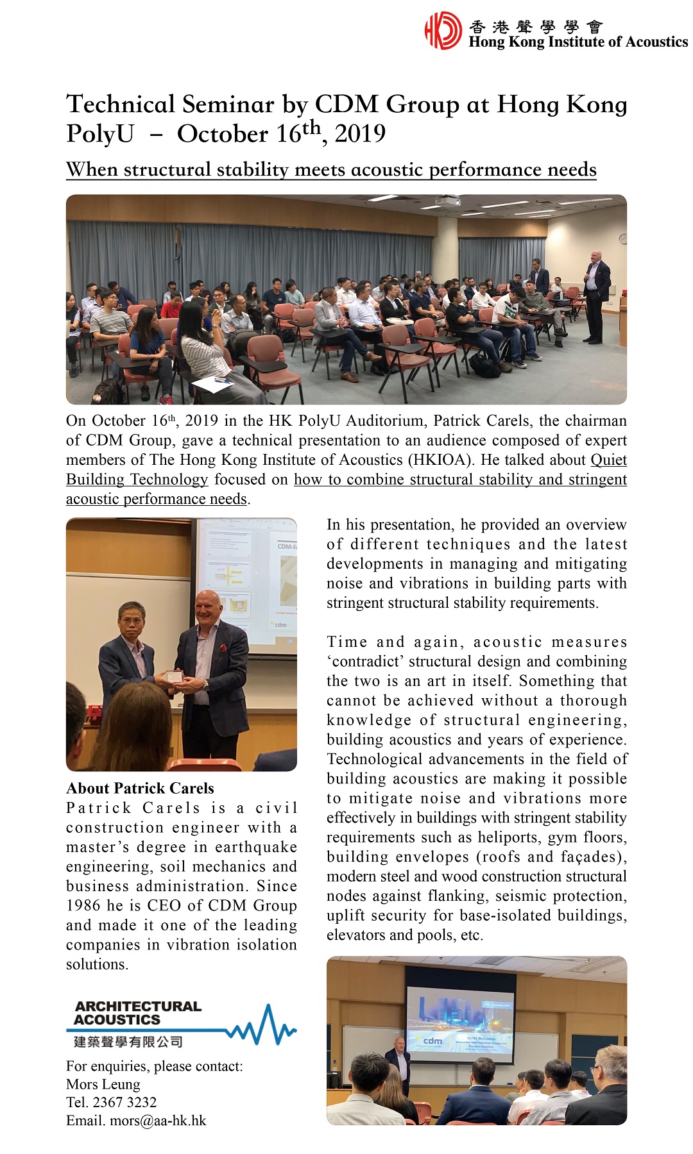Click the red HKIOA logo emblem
click(443, 30)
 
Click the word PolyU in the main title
click(100, 134)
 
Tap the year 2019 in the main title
click(360, 134)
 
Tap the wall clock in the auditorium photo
click(622, 238)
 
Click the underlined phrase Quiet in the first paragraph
click(608, 460)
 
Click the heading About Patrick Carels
click(140, 788)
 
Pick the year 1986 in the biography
click(83, 905)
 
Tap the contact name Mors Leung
click(103, 1084)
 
